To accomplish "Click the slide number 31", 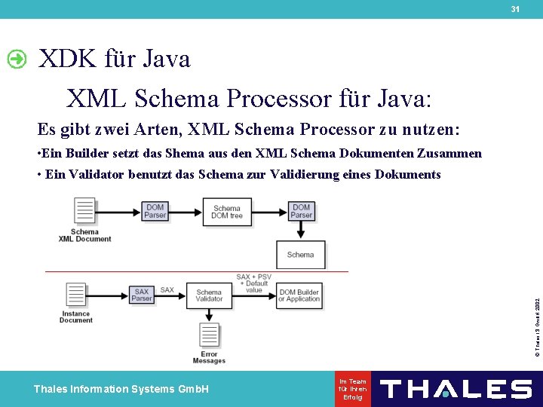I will tap(515, 9).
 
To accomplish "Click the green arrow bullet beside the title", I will tap(17, 59).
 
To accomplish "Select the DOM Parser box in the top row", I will tap(155, 211).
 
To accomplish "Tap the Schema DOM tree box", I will tap(227, 212).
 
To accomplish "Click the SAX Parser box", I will tap(142, 294).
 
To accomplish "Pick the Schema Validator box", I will tap(209, 295).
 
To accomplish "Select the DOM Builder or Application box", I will tap(299, 295).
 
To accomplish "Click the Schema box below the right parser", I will tap(300, 255).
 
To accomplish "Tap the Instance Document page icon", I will tap(75, 295).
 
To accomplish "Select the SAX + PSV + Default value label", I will tap(253, 283).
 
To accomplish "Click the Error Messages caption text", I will tap(209, 357).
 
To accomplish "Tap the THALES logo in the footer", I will tap(456, 389).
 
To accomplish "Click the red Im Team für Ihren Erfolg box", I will tap(353, 389).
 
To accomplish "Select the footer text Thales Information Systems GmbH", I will tap(121, 389).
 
